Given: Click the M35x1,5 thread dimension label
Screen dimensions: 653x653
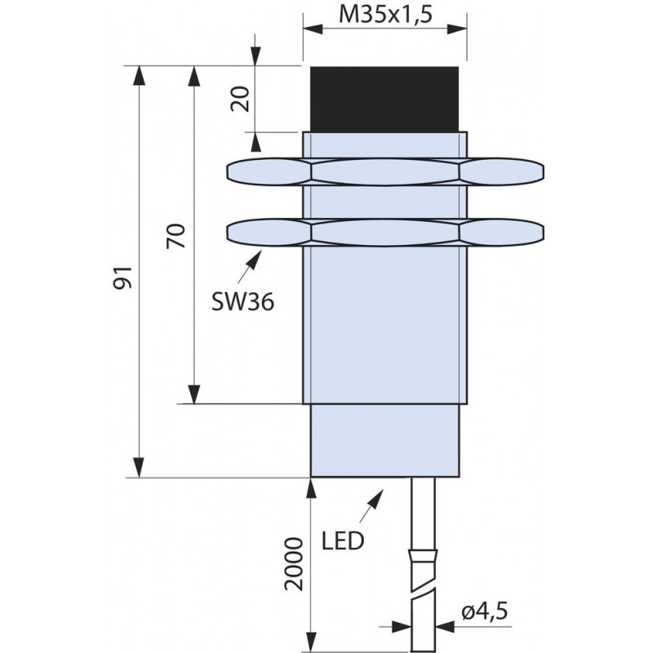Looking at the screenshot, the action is (385, 14).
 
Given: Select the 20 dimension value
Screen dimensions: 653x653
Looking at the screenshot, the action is (240, 99).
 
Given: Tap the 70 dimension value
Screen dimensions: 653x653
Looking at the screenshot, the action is (175, 236).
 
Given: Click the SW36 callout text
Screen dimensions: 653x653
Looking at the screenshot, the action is (242, 301).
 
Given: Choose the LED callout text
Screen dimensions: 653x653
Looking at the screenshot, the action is (343, 541).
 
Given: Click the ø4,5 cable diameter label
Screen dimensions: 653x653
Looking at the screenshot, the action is (485, 612).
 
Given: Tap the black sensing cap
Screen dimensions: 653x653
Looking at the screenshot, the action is (384, 99).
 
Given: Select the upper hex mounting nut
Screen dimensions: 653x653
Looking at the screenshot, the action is (385, 171).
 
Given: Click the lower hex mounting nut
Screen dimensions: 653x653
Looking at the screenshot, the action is (385, 233).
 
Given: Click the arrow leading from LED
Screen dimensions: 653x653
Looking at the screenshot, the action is (371, 505).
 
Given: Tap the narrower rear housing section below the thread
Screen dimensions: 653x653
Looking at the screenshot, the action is (384, 440).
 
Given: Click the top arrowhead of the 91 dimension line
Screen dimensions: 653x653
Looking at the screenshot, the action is (139, 76).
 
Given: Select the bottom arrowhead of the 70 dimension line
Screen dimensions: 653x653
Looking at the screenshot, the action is (193, 394).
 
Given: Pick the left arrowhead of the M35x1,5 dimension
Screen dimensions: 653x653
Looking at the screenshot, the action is (313, 29).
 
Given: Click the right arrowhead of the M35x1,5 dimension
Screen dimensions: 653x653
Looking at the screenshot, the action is (456, 29).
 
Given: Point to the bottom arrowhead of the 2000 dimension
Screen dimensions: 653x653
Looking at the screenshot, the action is (311, 643).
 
